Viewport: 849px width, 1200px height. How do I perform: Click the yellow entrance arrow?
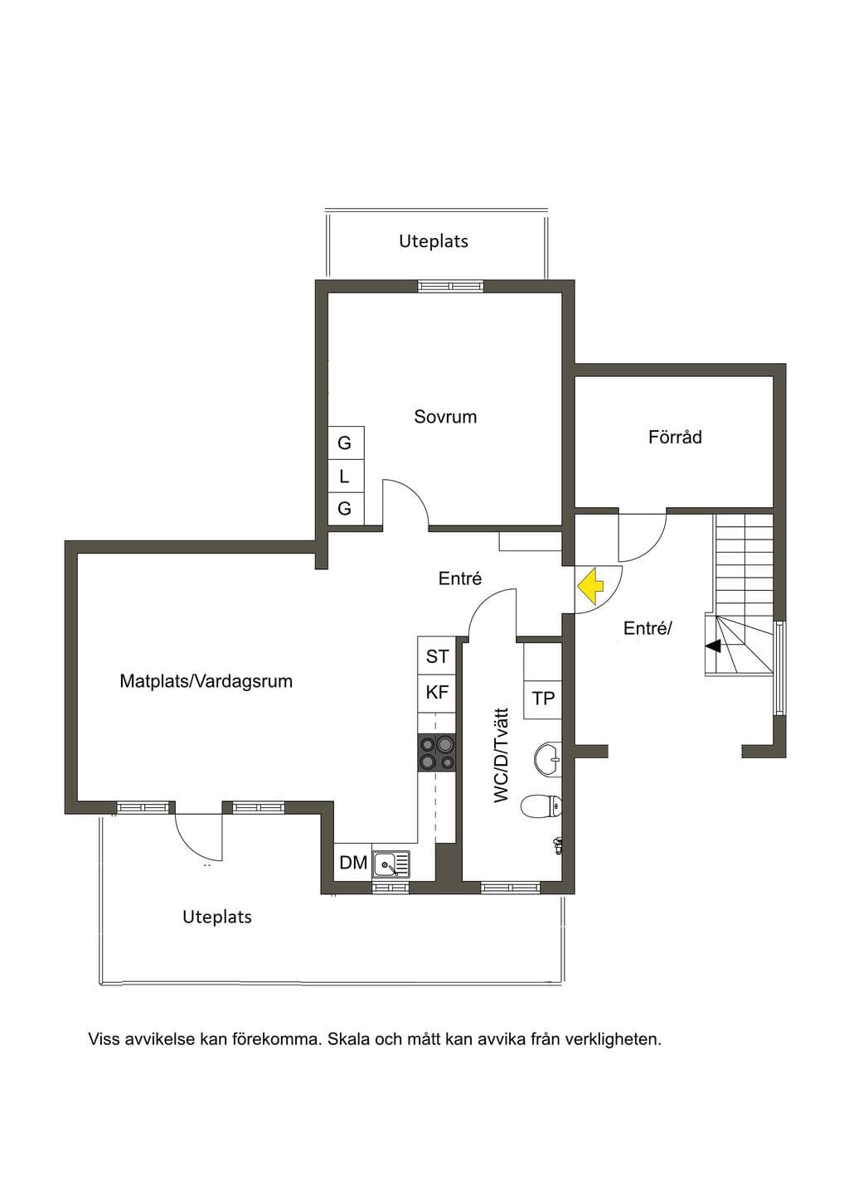589,585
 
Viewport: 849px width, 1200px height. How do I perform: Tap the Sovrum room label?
445,417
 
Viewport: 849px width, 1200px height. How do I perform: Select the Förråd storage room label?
675,437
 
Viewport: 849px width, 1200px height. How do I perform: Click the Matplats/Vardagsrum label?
206,681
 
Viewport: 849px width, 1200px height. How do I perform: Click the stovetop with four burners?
437,752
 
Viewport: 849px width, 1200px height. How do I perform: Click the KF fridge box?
437,693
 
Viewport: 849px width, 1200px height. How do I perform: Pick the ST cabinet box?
437,656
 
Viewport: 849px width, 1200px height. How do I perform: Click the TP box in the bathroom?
542,699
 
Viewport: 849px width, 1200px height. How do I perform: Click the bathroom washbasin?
548,757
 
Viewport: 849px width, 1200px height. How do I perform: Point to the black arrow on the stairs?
713,646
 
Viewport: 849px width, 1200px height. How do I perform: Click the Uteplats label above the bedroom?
433,241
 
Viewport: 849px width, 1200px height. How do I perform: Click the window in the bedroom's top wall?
451,286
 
